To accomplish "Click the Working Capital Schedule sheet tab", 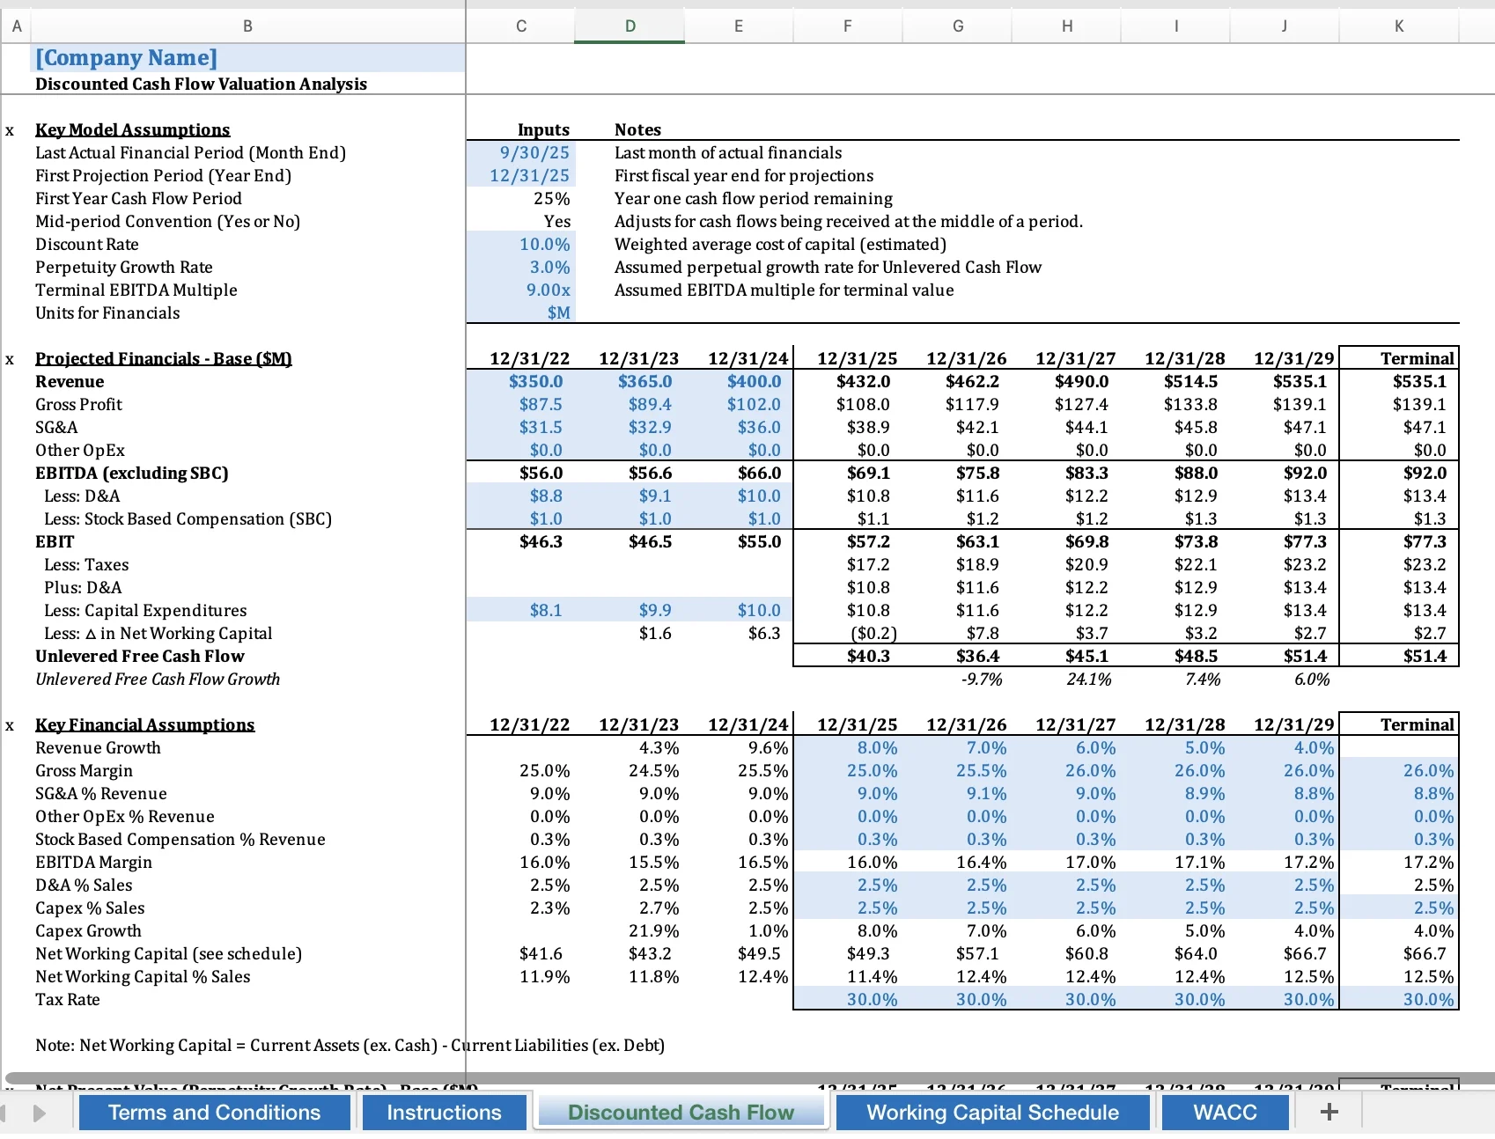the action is (x=992, y=1113).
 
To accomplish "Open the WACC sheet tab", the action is (x=1225, y=1113).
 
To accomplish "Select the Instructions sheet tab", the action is (x=444, y=1113).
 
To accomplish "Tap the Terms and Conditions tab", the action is (x=214, y=1113).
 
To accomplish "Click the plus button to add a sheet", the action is (x=1329, y=1113).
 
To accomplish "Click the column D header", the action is (x=630, y=26).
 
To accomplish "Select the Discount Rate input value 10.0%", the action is (x=544, y=245).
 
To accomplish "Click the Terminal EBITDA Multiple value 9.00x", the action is (x=548, y=290).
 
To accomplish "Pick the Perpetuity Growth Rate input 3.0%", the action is (x=549, y=268).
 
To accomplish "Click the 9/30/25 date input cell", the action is (x=534, y=153).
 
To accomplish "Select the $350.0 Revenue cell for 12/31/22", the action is (x=535, y=382).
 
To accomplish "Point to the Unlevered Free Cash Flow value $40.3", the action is (x=868, y=657).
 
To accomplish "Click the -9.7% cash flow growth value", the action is (x=981, y=680).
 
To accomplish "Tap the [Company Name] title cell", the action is (x=126, y=58).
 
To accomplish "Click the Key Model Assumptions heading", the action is (x=132, y=130).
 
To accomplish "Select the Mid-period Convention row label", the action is (x=167, y=222).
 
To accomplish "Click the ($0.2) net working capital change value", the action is (x=873, y=634).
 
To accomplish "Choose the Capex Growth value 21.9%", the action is (x=653, y=931).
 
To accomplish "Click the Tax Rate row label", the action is (x=68, y=1000).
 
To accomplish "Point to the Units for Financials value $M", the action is (x=558, y=313).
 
